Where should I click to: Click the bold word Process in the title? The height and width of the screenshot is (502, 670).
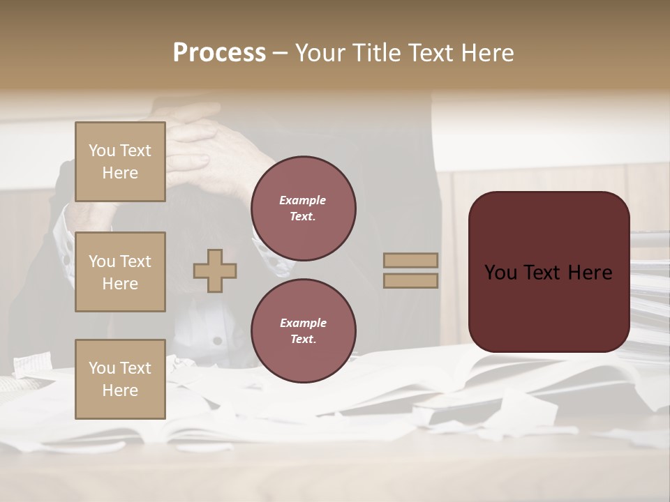click(219, 53)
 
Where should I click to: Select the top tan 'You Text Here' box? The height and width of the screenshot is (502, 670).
click(120, 162)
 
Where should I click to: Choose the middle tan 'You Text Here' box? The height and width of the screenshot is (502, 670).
click(120, 272)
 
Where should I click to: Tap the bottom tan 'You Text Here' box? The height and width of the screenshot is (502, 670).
click(120, 379)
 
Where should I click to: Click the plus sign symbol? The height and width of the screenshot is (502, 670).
click(215, 271)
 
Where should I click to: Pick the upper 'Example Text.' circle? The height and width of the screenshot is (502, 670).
click(303, 208)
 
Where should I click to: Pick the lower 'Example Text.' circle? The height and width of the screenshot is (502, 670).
click(303, 331)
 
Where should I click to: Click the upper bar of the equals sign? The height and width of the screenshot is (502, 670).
click(410, 261)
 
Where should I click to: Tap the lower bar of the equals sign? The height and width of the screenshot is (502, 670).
click(410, 280)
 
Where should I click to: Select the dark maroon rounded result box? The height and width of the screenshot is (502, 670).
click(549, 272)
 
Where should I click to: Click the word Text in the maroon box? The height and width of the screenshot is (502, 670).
click(549, 273)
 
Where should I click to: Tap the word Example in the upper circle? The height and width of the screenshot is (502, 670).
click(303, 200)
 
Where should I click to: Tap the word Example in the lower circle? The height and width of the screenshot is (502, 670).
click(303, 323)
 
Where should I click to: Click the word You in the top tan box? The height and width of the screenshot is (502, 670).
click(102, 151)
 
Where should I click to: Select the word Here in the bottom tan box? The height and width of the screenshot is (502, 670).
click(120, 390)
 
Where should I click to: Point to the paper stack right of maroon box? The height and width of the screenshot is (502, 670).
click(649, 293)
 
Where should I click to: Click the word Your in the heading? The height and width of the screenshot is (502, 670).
click(320, 53)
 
